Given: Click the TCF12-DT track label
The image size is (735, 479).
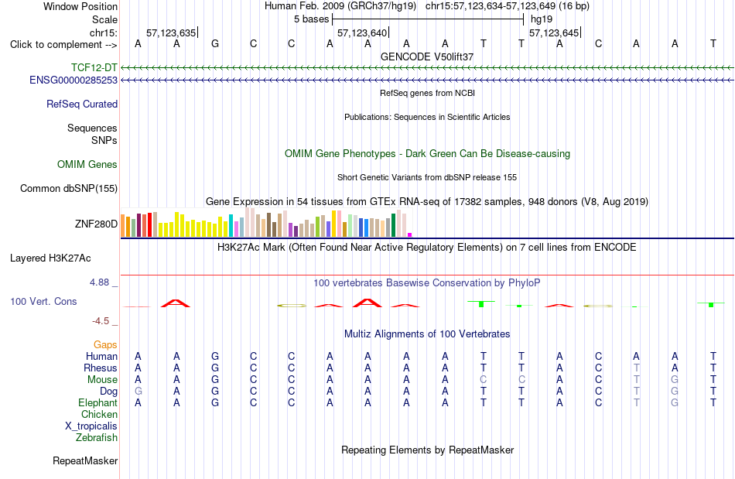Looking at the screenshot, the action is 94,68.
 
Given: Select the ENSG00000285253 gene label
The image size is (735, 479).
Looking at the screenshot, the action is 73,80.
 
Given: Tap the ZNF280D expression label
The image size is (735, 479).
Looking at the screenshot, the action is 96,224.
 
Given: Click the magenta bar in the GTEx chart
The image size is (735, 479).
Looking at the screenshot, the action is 410,234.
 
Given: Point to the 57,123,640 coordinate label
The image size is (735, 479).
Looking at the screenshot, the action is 362,33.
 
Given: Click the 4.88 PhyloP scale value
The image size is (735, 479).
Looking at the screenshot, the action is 99,282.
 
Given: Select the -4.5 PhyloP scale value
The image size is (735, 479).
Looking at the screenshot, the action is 101,321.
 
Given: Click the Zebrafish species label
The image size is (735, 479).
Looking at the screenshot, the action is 97,438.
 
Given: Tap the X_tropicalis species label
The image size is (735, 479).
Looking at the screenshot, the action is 91,426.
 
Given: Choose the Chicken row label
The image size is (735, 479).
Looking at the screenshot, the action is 99,414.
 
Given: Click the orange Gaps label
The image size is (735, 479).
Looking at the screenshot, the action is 105,345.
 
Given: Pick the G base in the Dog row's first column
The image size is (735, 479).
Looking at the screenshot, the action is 138,392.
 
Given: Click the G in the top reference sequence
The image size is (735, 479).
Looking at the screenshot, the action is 214,43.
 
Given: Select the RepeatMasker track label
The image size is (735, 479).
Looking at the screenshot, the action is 85,461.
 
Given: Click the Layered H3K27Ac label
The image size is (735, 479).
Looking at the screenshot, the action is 50,258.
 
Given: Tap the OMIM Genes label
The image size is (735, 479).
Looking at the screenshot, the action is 87,165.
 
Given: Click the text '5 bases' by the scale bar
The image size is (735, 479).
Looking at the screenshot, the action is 312,19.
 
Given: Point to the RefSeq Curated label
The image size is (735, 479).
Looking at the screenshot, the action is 82,104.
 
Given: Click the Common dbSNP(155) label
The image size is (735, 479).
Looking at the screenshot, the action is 69,188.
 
